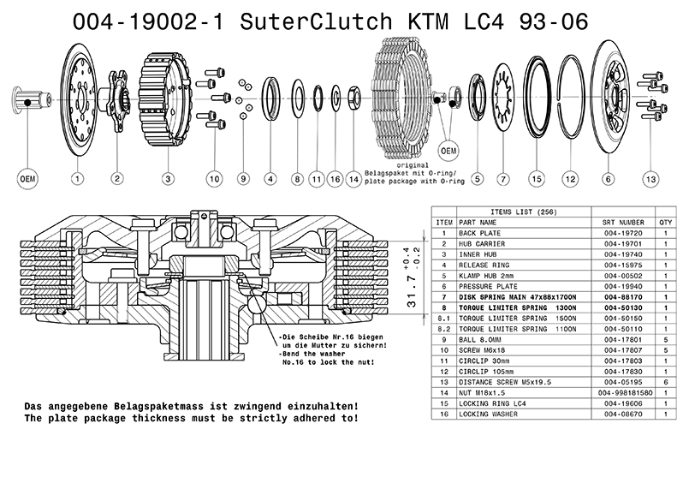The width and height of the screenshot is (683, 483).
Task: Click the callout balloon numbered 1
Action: click(x=77, y=179)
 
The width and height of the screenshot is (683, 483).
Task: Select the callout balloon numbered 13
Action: click(x=652, y=179)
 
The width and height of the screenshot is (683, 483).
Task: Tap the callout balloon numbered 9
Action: click(x=243, y=179)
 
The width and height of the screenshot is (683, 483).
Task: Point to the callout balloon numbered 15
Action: click(x=537, y=179)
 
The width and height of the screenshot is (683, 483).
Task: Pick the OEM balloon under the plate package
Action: click(x=447, y=151)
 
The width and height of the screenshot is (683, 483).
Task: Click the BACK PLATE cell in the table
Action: click(x=479, y=232)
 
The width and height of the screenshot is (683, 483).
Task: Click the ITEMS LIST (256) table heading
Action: click(x=512, y=210)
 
